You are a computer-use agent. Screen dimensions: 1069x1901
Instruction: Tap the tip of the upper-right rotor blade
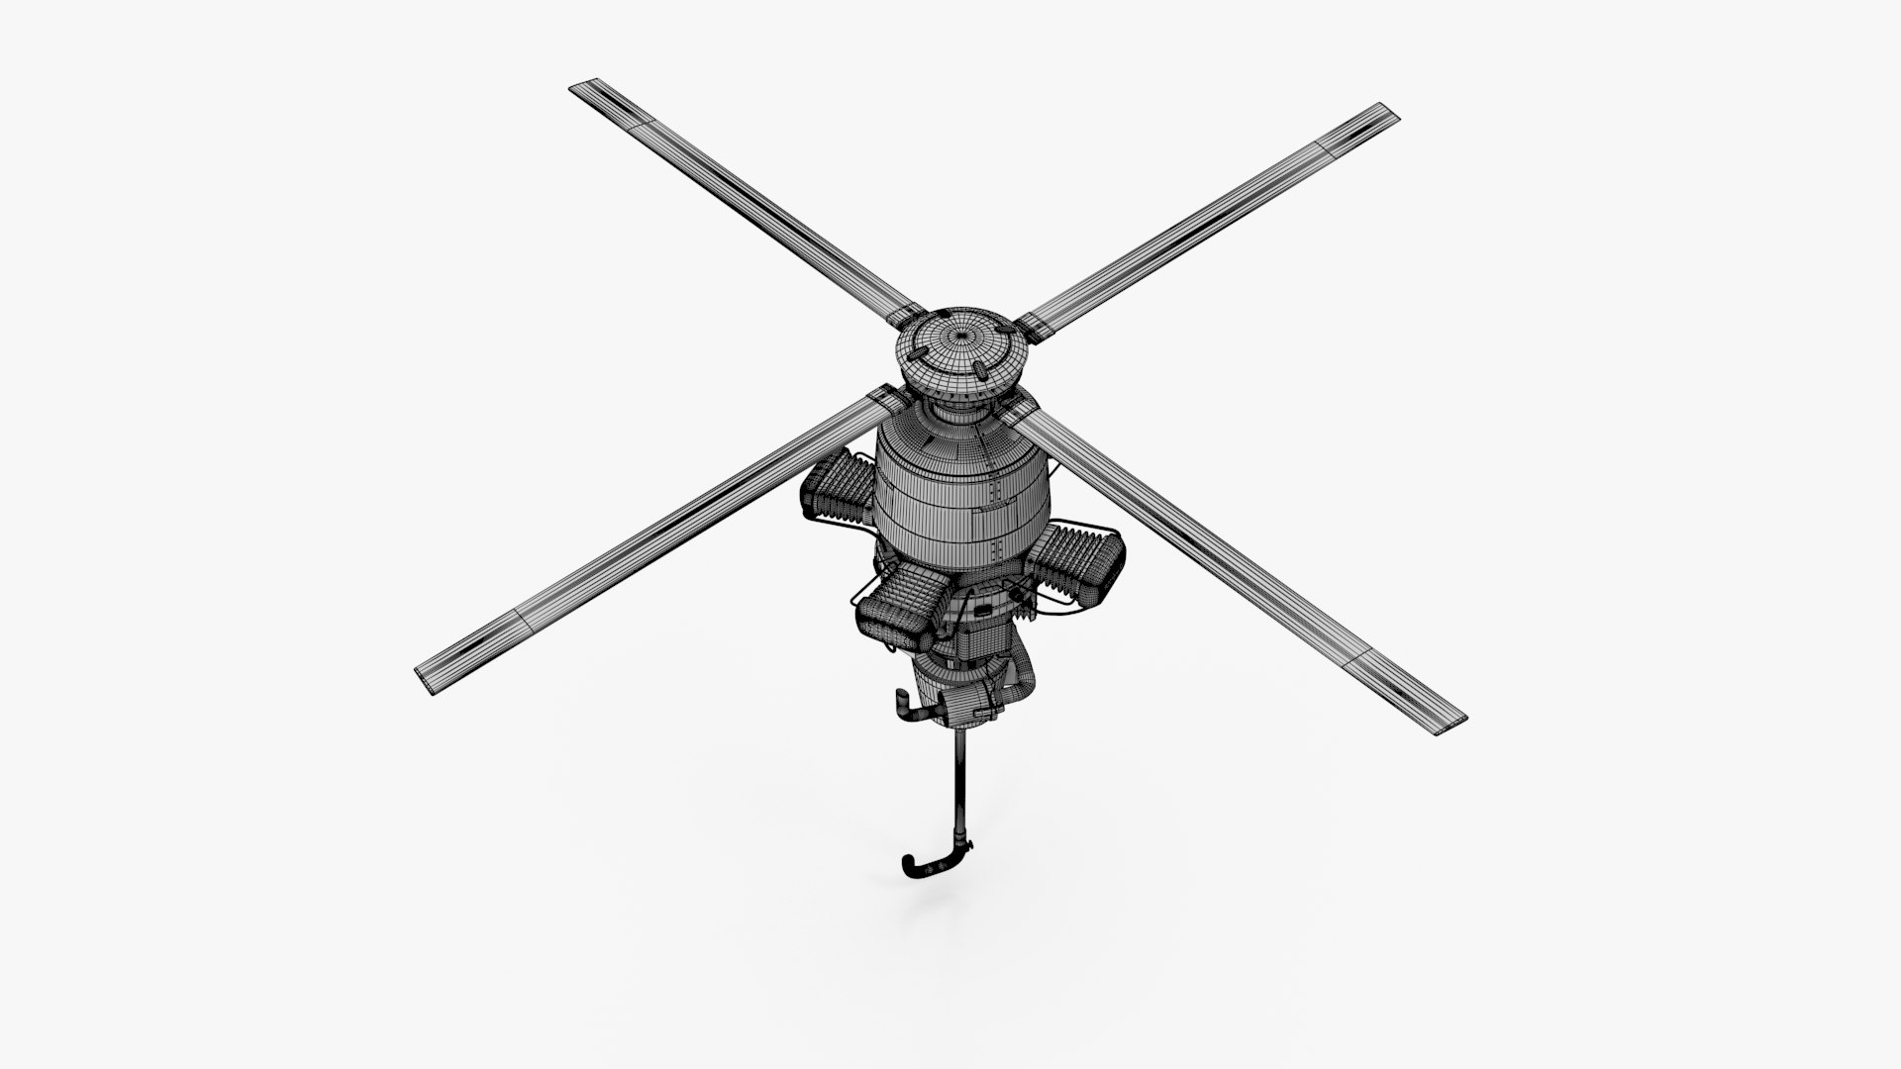click(x=1392, y=111)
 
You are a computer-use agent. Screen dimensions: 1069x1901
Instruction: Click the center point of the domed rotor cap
click(x=956, y=338)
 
